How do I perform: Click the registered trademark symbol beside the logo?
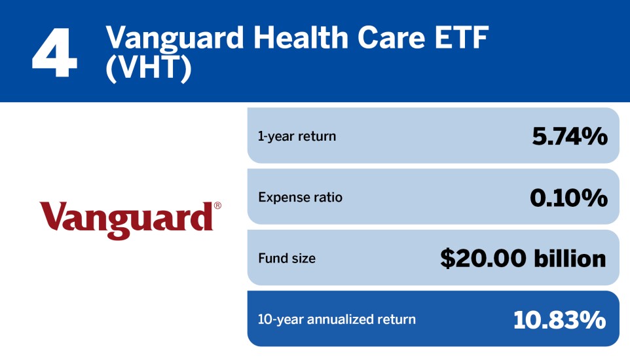[217, 206]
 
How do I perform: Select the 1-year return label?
[297, 136]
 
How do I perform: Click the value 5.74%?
[568, 136]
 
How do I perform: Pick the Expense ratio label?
[300, 197]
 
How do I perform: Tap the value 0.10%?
[568, 197]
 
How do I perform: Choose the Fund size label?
[286, 259]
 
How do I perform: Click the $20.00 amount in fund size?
[480, 259]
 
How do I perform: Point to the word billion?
[566, 259]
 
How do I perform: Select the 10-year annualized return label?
[337, 319]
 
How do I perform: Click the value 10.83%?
[560, 319]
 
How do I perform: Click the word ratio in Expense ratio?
[327, 197]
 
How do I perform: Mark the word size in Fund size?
[303, 259]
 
